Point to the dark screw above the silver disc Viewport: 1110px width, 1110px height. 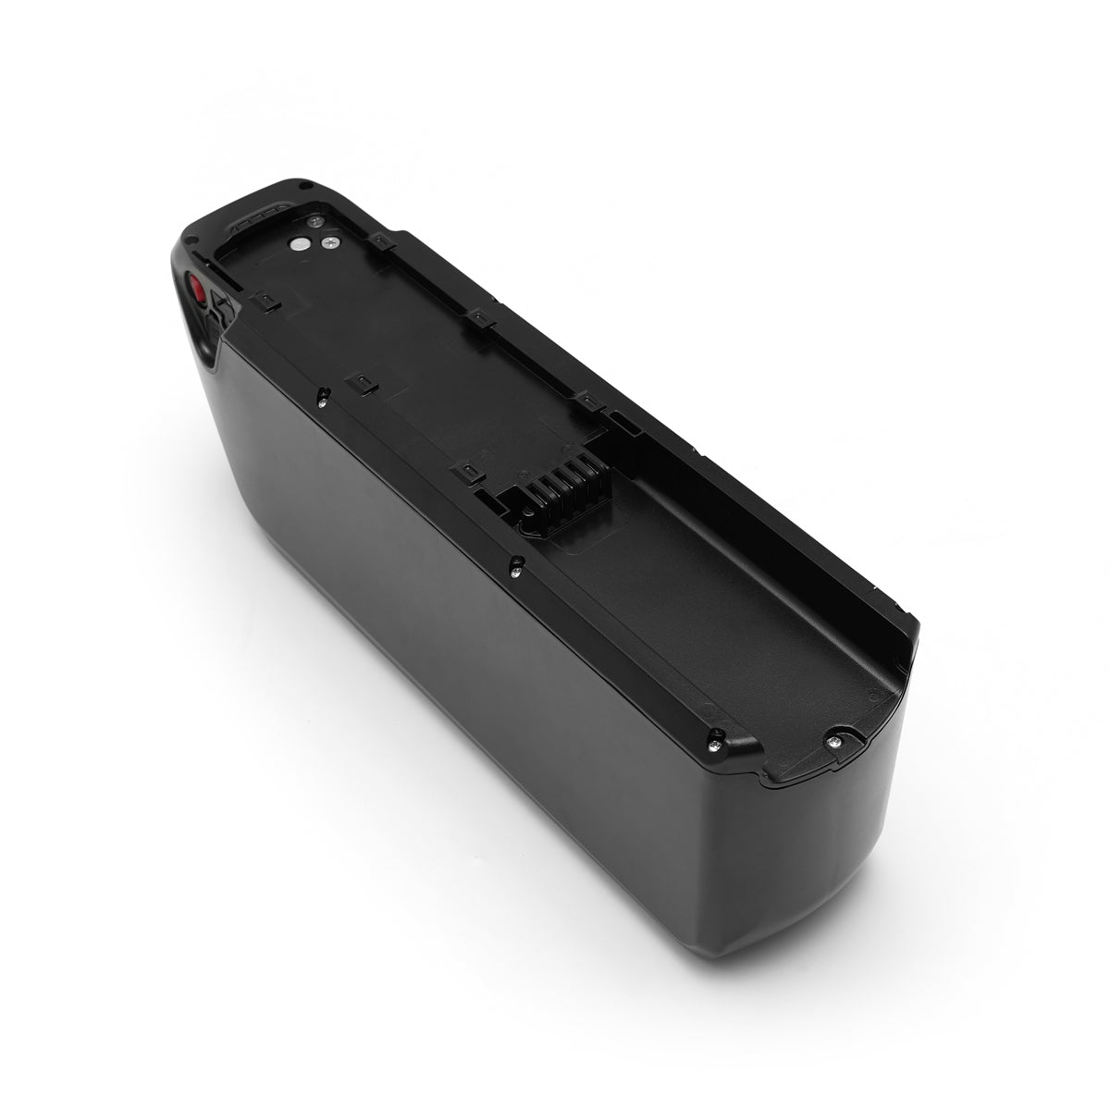tap(317, 219)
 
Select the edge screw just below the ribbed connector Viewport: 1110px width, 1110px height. tap(514, 563)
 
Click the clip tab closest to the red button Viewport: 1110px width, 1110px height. tap(261, 301)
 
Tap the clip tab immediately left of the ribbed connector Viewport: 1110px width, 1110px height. tap(468, 473)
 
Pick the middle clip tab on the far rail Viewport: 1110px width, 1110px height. tap(478, 318)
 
